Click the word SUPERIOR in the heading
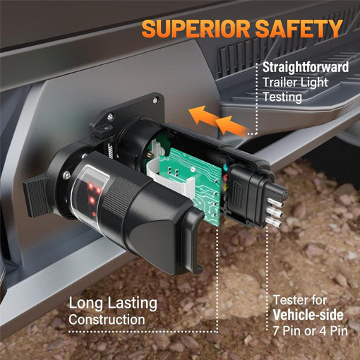tap(196, 29)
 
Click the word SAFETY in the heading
tap(299, 28)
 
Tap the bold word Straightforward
tap(306, 67)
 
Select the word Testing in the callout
tap(282, 97)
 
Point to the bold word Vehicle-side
tap(308, 315)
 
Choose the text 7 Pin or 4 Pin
tap(310, 330)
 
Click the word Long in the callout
tap(86, 304)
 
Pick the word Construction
tap(107, 320)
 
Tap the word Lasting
tap(132, 303)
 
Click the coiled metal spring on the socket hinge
tap(111, 151)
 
